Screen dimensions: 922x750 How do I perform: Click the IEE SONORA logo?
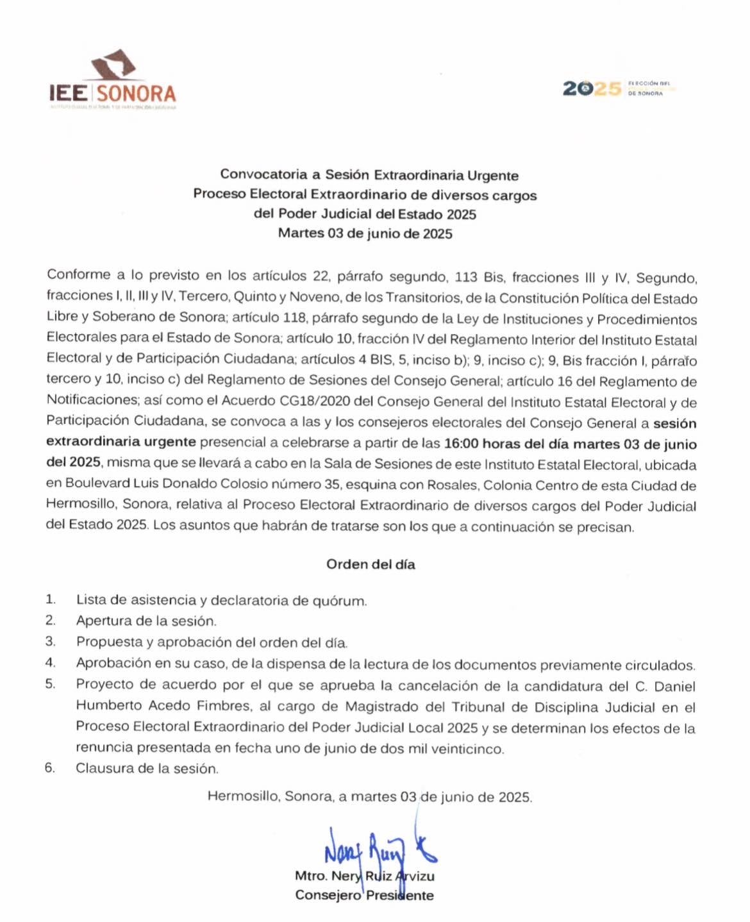[113, 81]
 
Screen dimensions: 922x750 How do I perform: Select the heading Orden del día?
[371, 564]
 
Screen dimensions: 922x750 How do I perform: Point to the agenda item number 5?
[50, 683]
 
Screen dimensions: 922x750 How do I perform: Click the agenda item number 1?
[50, 599]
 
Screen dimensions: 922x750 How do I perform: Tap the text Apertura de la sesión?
[146, 621]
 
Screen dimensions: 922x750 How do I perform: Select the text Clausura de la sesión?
[147, 767]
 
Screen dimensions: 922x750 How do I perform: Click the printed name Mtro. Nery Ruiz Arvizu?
[364, 876]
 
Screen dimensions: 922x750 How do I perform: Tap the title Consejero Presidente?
[364, 895]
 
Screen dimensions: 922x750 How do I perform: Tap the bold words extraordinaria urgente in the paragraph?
[121, 442]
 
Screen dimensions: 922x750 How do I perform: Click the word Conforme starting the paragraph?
[78, 275]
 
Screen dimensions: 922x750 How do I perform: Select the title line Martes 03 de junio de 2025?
[365, 233]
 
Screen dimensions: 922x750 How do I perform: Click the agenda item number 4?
[50, 663]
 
